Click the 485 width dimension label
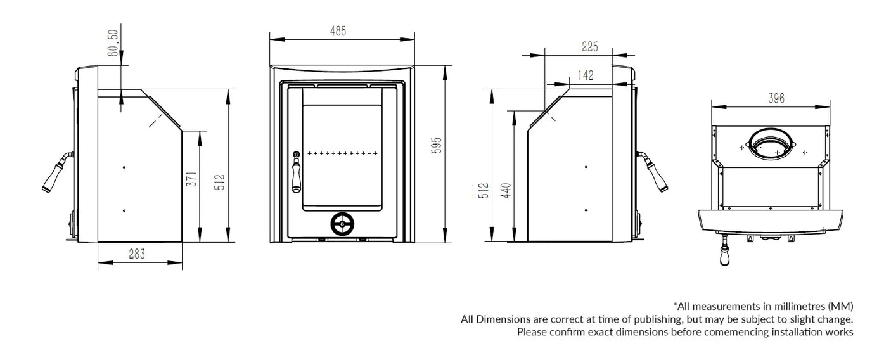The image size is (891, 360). (338, 30)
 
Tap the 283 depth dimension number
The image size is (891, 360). (137, 254)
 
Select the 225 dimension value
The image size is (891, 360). (589, 46)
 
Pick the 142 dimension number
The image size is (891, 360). (586, 75)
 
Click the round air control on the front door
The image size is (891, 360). (342, 223)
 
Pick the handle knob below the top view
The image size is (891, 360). (725, 255)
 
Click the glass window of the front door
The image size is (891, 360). (342, 157)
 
